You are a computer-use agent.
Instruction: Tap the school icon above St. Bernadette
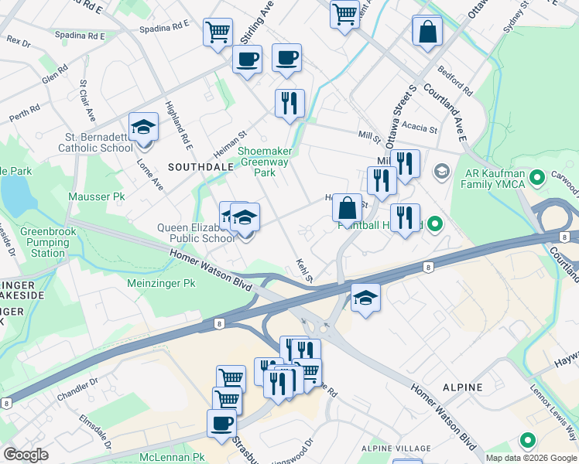tap(143, 127)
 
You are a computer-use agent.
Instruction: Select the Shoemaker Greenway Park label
tap(264, 162)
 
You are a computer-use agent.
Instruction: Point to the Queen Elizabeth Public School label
tap(196, 233)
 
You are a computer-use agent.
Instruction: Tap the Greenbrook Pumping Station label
tap(43, 242)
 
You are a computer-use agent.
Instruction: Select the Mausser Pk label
tap(97, 197)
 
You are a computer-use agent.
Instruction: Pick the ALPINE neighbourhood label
tap(463, 387)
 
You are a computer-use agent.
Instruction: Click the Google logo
tap(26, 455)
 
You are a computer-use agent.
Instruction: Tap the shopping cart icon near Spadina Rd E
tap(218, 32)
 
